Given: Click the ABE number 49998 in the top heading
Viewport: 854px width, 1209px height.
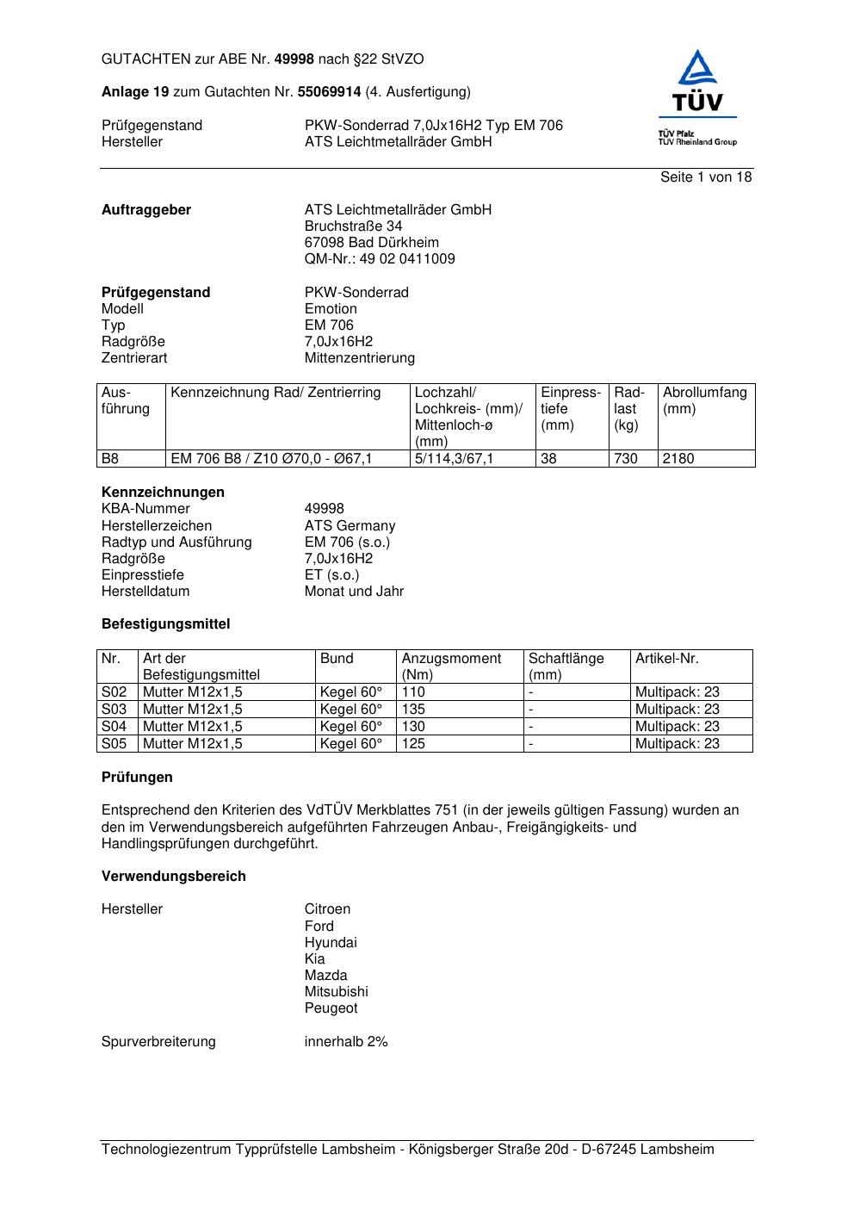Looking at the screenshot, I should point(294,59).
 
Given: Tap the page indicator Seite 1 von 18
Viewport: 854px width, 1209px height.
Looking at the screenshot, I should point(706,177).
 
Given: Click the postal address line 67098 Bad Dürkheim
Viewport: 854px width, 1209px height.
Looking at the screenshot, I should point(371,243).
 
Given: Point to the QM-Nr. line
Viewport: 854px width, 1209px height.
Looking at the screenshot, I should point(380,259).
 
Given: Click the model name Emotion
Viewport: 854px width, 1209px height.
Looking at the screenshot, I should point(331,309).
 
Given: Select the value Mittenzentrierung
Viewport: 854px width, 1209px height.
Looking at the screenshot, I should point(359,358).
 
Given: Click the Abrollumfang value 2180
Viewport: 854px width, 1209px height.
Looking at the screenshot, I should point(678,459).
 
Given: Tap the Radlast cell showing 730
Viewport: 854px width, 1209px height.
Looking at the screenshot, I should point(626,459).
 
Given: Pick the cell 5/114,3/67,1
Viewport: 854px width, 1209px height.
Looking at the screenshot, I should point(455,459).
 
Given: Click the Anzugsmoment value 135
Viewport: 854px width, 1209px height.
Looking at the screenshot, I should point(413,710).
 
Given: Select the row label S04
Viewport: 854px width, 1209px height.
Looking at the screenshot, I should point(114,727).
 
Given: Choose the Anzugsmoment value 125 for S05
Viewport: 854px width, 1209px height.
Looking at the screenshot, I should point(413,744).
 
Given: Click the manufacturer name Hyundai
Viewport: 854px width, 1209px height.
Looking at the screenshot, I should point(331,943).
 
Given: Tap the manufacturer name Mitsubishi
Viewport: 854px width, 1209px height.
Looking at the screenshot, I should point(336,992).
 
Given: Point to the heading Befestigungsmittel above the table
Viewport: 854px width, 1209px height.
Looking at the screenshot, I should point(165,624).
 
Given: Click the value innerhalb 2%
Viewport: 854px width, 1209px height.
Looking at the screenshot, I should point(346,1042).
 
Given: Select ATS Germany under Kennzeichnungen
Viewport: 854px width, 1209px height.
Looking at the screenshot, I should point(350,526).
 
